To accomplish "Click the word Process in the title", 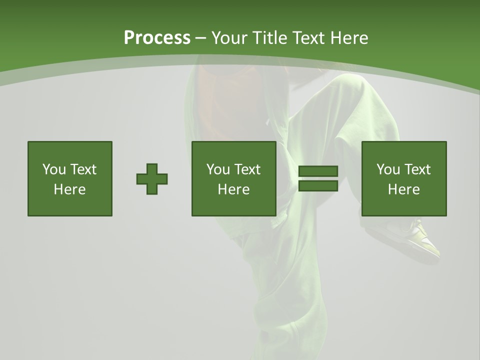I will pos(157,38).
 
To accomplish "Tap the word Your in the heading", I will pos(229,38).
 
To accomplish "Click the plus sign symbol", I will pos(152,179).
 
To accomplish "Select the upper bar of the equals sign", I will pos(318,171).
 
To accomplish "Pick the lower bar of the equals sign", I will pos(318,186).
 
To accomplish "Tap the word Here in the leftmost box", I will pos(69,189).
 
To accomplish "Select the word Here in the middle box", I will pos(233,189).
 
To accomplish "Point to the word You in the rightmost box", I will pos(388,169).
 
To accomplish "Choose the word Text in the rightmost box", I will pos(417,169).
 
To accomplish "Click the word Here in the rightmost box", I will pos(403,189).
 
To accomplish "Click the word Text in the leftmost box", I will pos(83,169).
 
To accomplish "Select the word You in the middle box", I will pos(218,169).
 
